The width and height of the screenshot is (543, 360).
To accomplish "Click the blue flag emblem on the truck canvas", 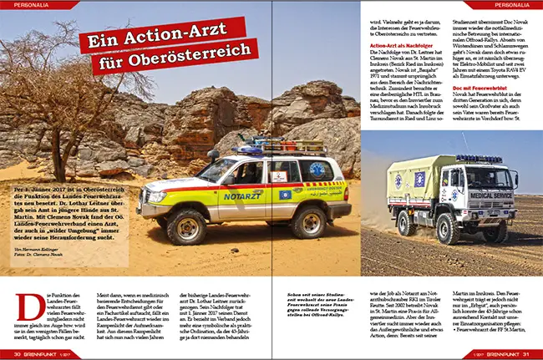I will [x=420, y=180].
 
